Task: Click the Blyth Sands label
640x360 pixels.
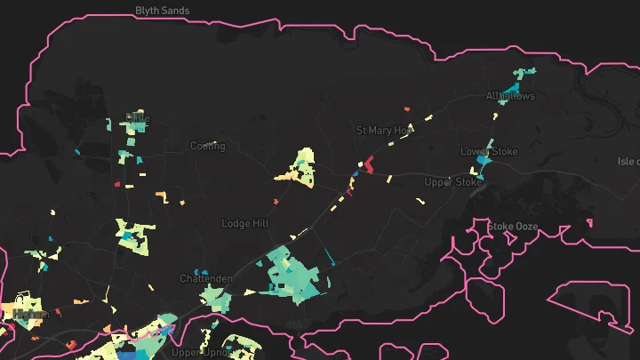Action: tap(163, 11)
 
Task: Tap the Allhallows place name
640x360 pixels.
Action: tap(510, 96)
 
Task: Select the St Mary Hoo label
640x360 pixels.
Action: tap(385, 130)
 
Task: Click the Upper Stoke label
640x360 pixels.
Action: tap(452, 182)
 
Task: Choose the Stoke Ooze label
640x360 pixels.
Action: tap(513, 227)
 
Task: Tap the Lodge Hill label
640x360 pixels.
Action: tap(244, 224)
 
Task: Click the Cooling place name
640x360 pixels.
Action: tap(207, 146)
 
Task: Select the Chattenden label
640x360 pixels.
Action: tap(206, 278)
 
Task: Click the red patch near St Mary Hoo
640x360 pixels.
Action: tap(369, 164)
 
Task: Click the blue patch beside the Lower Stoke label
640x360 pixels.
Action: tap(483, 165)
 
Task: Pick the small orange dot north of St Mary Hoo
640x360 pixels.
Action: tap(407, 108)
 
